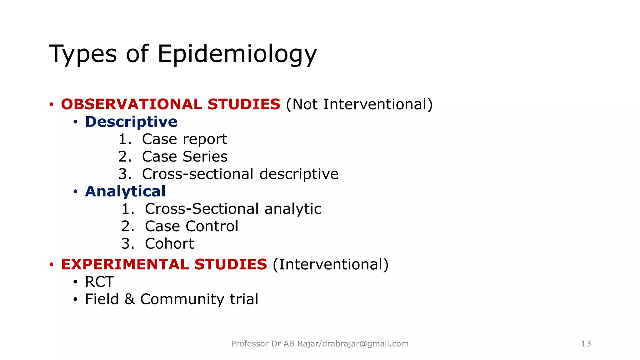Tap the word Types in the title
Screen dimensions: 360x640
click(83, 54)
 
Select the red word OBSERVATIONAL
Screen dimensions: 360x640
click(132, 104)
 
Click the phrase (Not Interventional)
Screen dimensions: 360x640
click(359, 104)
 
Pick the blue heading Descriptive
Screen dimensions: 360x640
click(131, 122)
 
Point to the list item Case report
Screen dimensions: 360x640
click(184, 139)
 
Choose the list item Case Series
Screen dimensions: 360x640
click(184, 157)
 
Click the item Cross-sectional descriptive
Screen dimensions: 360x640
click(240, 174)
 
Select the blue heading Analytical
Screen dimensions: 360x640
click(125, 191)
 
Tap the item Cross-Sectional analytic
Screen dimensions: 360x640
click(233, 209)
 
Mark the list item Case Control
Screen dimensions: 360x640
click(192, 226)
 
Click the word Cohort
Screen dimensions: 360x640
click(169, 244)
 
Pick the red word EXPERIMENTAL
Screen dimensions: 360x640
click(125, 264)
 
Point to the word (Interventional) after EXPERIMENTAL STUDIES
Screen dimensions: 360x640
click(330, 264)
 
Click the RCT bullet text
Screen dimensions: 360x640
click(99, 282)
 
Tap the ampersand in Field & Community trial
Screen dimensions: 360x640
click(130, 299)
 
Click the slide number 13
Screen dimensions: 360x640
click(586, 344)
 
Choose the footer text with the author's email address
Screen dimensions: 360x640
click(320, 344)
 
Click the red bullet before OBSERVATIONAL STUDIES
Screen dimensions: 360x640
click(52, 104)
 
